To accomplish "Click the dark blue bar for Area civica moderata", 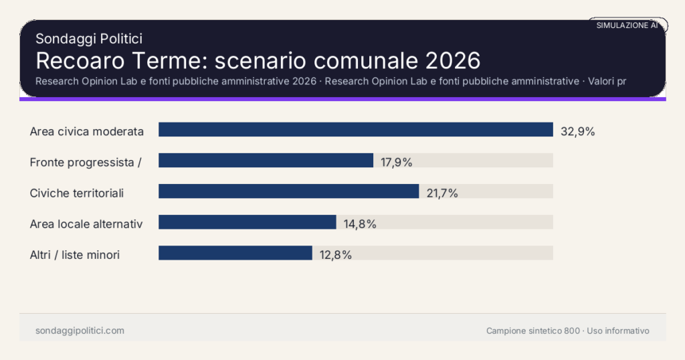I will [x=355, y=130].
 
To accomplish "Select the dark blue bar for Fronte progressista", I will [x=266, y=161].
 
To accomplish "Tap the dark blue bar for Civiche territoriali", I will [x=288, y=191].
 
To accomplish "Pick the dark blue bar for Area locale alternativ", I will [x=247, y=222].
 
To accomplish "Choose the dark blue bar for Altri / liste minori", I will [x=235, y=253].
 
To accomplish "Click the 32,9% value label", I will [x=577, y=131].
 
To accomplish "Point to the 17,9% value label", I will [x=397, y=162].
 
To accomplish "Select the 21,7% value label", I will [x=442, y=193].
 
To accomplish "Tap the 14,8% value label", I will [x=360, y=224].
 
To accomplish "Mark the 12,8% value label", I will [x=336, y=255].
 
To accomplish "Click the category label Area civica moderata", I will [x=87, y=132].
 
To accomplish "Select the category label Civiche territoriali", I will [x=77, y=193].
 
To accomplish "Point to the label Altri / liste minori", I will [x=75, y=255].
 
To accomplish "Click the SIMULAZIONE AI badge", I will [x=627, y=25].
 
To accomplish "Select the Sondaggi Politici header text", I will [x=88, y=39].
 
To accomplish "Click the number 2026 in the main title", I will [x=452, y=60].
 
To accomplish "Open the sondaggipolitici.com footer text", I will [x=80, y=331].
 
